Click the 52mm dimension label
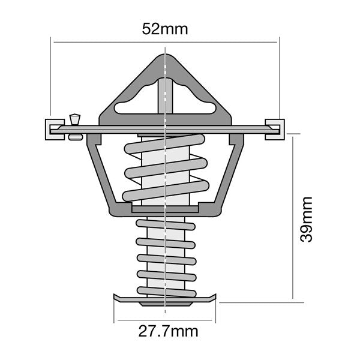164,29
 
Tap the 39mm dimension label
307,218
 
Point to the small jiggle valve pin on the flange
75,123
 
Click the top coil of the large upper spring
164,144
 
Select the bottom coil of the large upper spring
164,192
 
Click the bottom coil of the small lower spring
165,292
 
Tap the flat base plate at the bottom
164,299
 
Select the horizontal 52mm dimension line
108,42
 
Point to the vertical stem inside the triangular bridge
164,96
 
